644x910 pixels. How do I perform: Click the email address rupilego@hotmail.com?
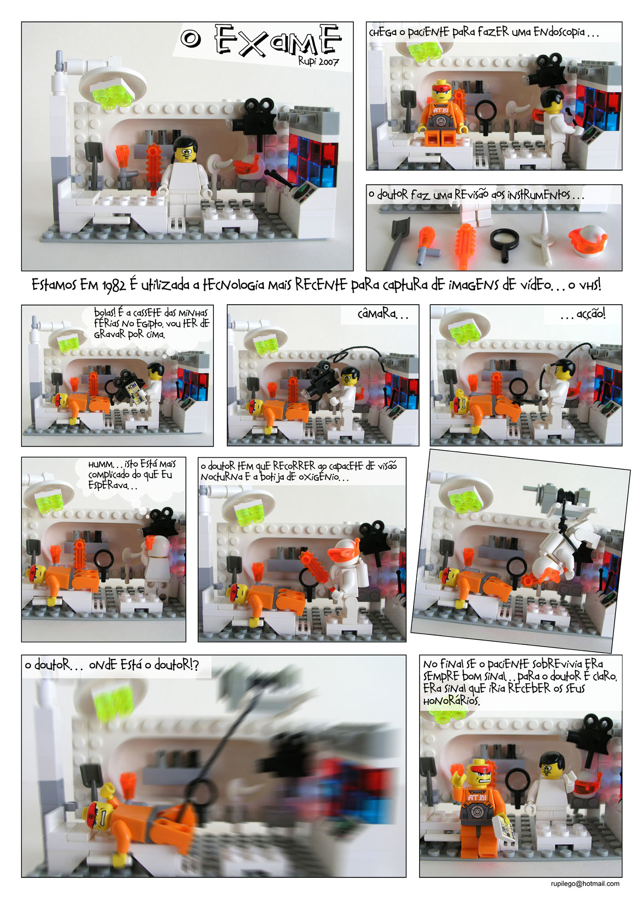585,883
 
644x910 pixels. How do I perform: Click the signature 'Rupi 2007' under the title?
318,61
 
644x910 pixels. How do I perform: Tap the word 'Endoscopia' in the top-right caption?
559,32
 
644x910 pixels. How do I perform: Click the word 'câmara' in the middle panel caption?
377,313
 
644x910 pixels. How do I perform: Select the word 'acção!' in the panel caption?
591,314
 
